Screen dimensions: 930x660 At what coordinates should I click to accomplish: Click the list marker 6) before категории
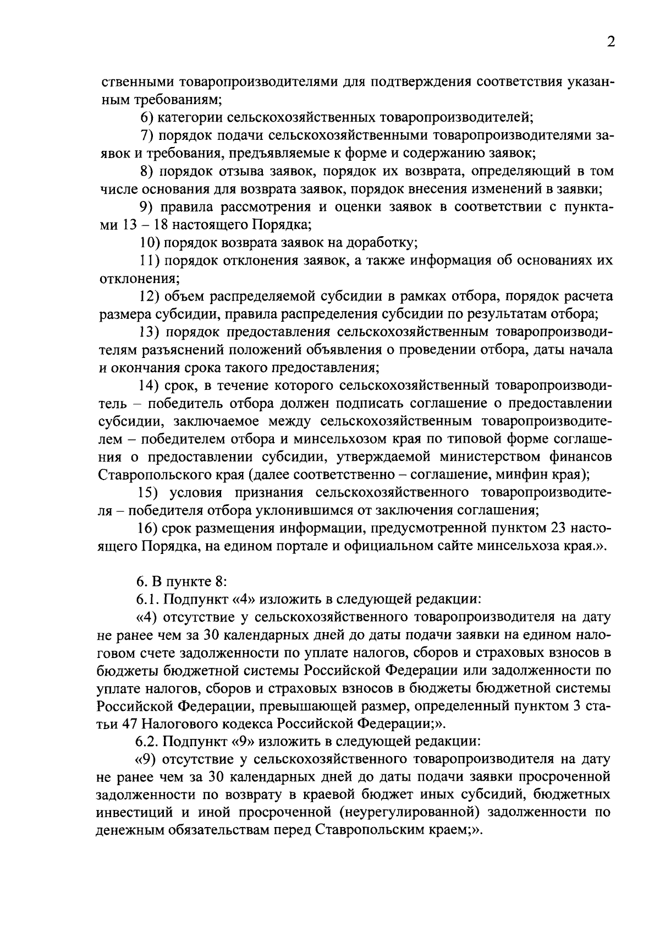pos(147,117)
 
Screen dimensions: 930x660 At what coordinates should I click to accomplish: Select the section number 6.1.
pos(148,600)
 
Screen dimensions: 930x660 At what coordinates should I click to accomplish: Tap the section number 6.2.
pos(148,742)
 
